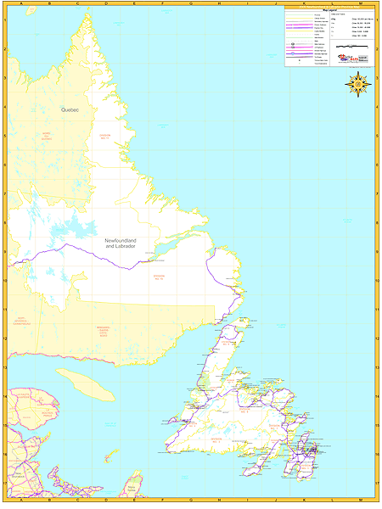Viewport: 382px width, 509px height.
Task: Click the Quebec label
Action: (x=70, y=110)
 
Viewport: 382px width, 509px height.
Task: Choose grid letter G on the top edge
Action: (x=190, y=4)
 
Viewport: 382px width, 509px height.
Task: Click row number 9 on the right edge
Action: (x=376, y=252)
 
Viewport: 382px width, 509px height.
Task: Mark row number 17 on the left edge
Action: (x=4, y=484)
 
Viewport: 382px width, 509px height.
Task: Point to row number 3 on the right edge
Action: (x=376, y=78)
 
